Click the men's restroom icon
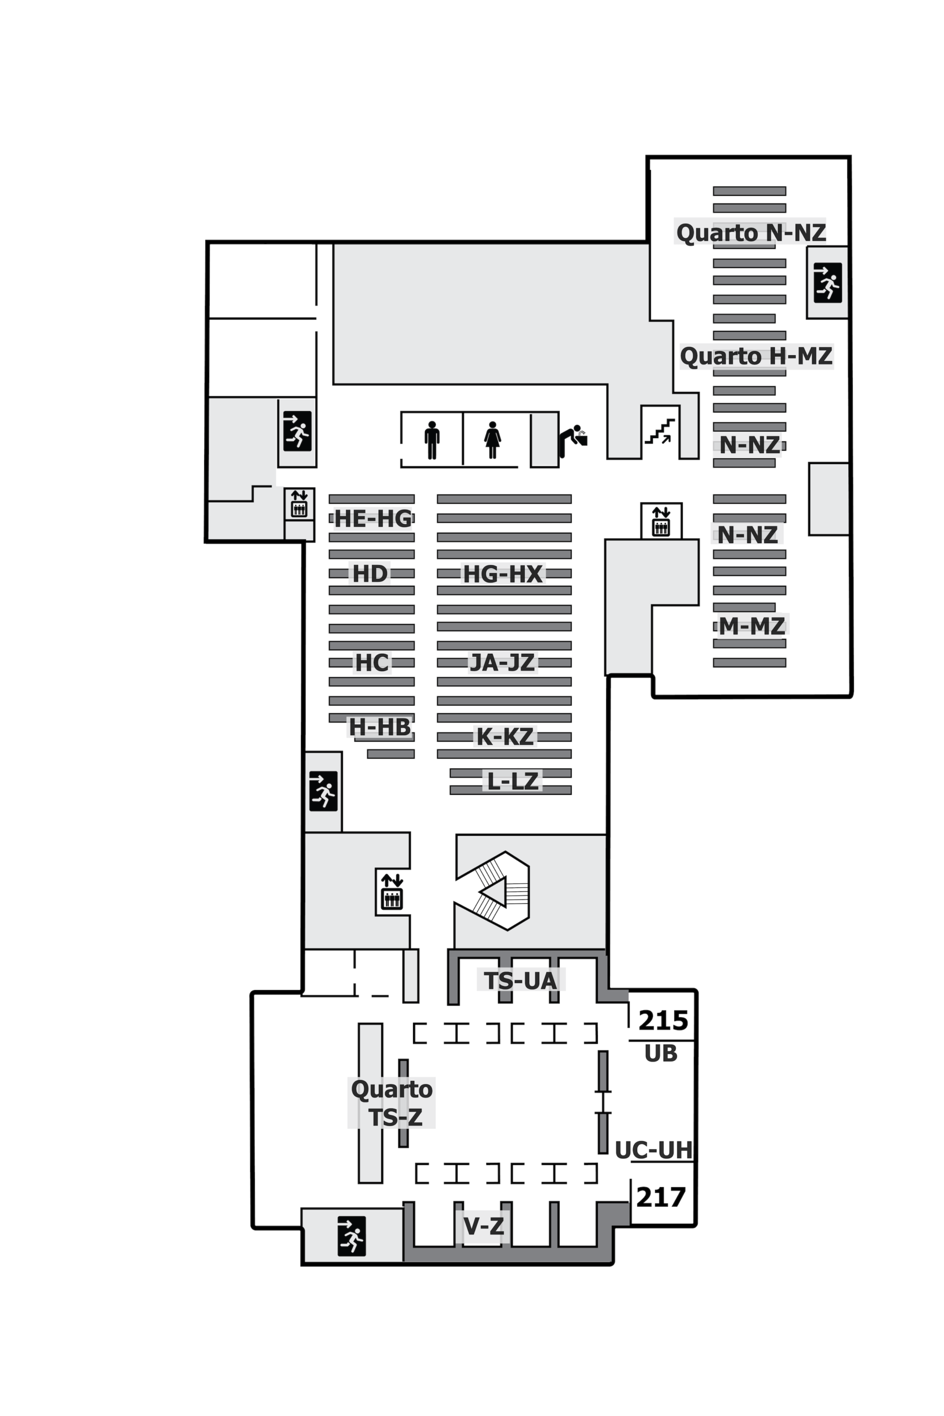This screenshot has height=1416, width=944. point(432,440)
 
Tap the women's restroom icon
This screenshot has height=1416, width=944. point(493,440)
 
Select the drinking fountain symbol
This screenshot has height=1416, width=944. point(572,441)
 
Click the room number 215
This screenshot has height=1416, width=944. point(663,1021)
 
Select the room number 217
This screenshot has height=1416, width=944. point(661,1198)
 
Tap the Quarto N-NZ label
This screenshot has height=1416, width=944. point(751,232)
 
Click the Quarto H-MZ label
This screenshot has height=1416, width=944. point(756,356)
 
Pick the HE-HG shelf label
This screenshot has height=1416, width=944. point(373,518)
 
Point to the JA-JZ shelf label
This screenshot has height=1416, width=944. point(502,662)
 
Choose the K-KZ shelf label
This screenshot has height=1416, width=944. point(504,736)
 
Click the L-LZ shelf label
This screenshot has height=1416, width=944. point(512,781)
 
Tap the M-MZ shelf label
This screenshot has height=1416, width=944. point(752,626)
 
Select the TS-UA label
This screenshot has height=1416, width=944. point(521,981)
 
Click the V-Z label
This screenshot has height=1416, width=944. point(483,1225)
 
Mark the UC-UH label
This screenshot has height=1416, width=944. point(654,1150)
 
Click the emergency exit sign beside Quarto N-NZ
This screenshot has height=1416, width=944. point(827,282)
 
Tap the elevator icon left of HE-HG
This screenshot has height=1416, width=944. point(299,504)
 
